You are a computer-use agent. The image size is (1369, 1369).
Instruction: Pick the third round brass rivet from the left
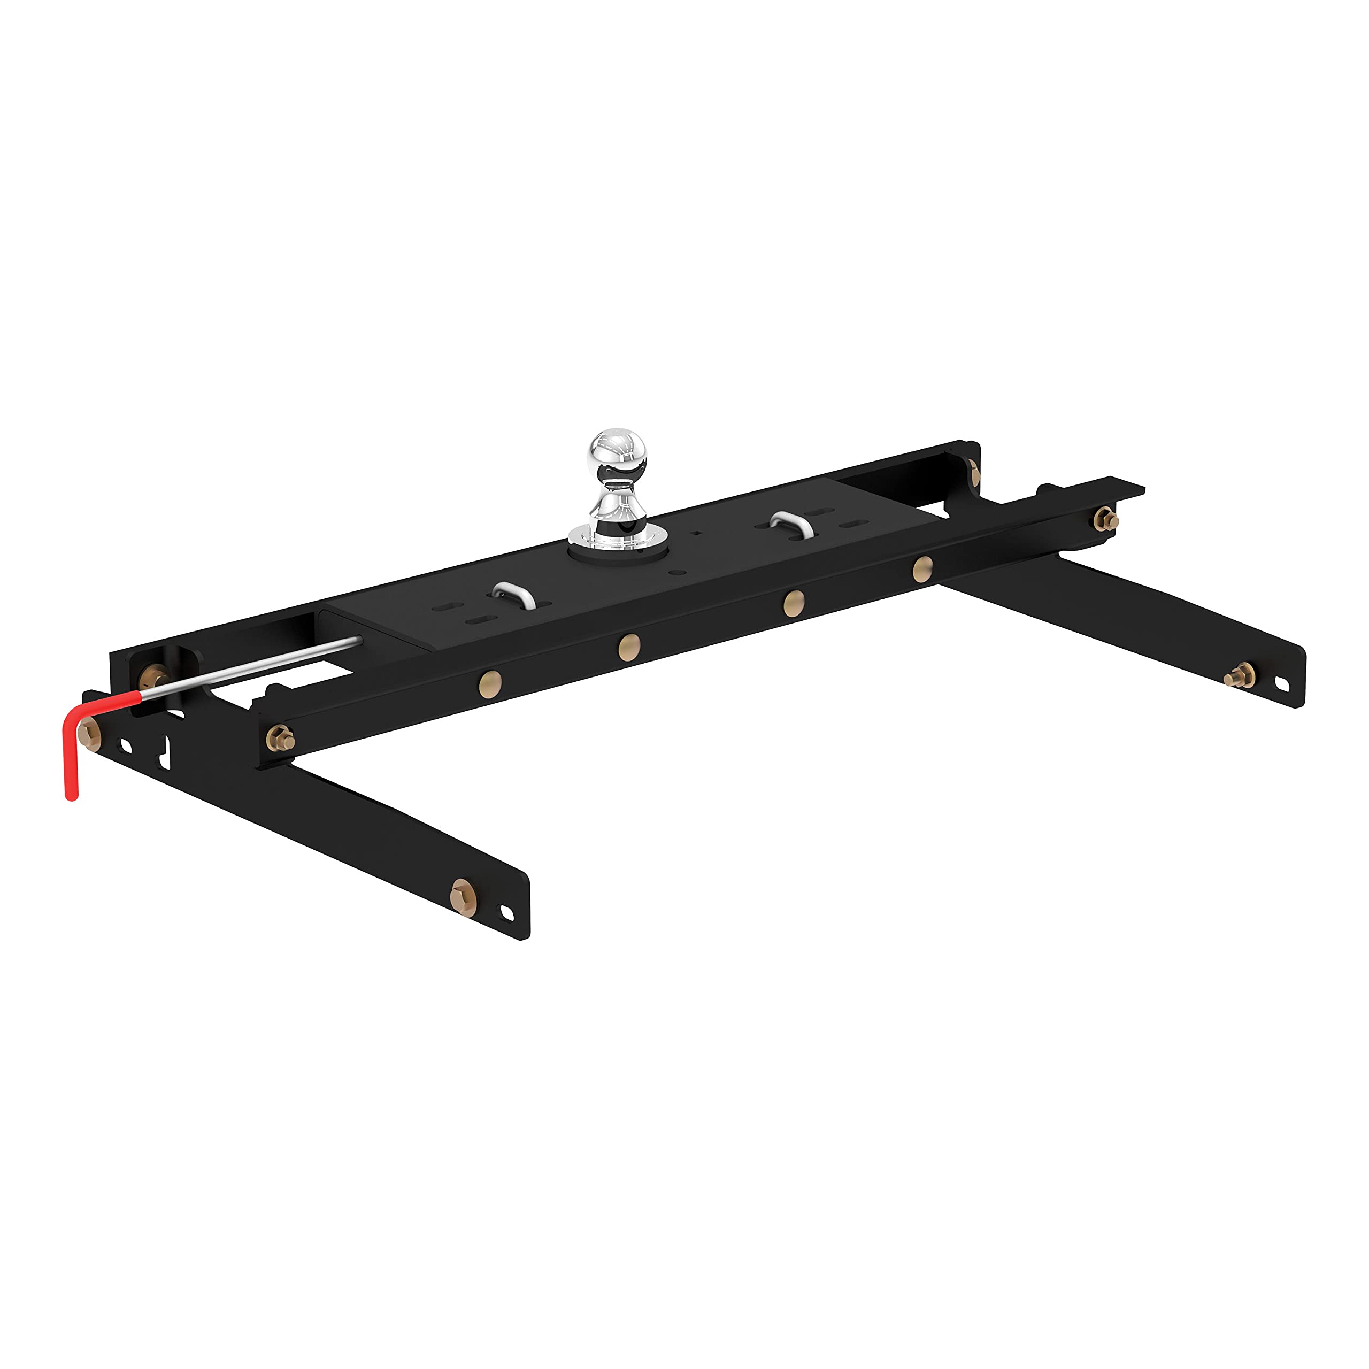coord(794,603)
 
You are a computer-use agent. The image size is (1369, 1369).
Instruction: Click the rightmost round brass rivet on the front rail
coord(922,569)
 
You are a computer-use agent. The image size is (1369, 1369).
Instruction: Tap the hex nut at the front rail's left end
coord(281,739)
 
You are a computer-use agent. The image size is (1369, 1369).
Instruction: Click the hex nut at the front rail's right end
coord(1105,518)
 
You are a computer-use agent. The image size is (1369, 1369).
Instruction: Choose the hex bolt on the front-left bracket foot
coord(463,897)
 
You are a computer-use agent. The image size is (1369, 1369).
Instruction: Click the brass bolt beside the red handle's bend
coord(90,733)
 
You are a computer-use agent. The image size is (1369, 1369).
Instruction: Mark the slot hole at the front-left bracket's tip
coord(507,913)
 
